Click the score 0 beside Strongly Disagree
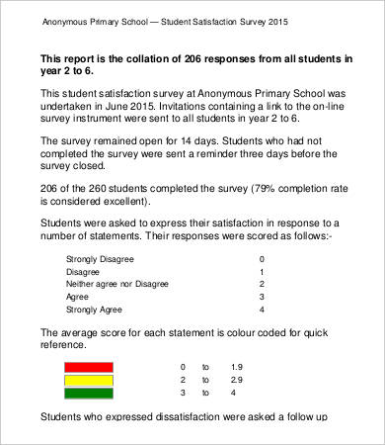261,258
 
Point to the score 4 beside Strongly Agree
261,309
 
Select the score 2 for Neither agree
261,283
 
